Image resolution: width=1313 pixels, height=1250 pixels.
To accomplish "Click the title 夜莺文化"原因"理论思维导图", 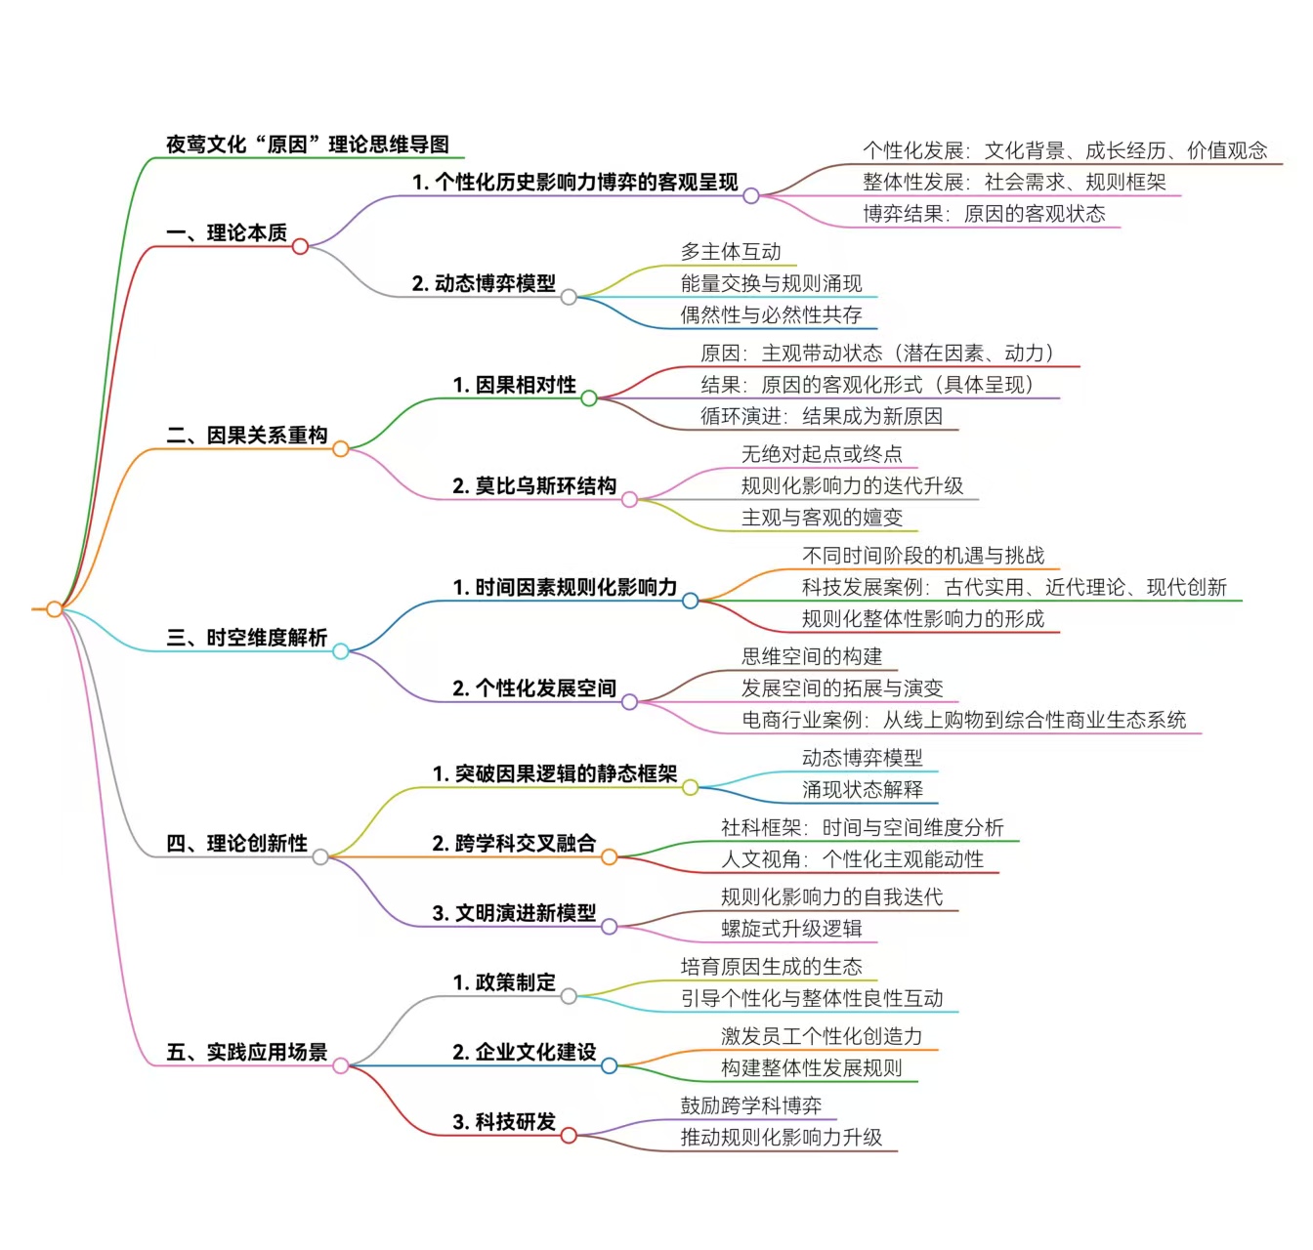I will [307, 145].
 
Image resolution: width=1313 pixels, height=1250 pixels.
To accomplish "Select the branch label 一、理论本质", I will [227, 232].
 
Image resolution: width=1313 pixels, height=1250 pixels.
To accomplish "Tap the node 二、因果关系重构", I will [246, 436].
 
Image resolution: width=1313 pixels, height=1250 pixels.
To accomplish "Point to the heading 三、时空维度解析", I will [246, 638].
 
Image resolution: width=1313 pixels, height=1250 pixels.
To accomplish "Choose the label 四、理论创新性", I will [236, 843].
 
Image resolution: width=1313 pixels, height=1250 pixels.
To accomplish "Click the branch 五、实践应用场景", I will [246, 1052].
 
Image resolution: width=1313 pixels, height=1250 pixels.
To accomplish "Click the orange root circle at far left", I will [55, 609].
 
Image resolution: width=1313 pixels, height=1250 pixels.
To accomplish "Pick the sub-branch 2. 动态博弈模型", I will [484, 283].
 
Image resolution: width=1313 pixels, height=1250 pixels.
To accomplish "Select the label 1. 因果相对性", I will [514, 385].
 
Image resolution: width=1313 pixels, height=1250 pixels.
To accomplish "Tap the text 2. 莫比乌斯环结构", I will [534, 485].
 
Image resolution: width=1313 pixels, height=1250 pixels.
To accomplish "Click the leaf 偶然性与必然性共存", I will [771, 314].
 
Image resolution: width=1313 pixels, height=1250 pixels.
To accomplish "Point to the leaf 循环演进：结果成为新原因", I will [821, 416].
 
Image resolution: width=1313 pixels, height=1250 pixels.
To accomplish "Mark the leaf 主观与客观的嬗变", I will [822, 518].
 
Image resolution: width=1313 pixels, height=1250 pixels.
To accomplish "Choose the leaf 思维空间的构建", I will [811, 656].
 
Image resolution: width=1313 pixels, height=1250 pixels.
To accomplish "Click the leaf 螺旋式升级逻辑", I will [791, 928].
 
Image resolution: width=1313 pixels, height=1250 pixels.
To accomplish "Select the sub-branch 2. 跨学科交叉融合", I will [514, 843].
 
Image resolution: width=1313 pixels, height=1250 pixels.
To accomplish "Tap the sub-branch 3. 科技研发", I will [504, 1121].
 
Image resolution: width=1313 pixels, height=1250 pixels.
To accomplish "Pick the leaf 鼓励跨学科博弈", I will [750, 1105].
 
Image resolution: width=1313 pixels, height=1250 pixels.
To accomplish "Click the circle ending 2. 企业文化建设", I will [610, 1065].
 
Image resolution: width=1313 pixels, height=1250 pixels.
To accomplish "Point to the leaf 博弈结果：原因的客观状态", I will [984, 213].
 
